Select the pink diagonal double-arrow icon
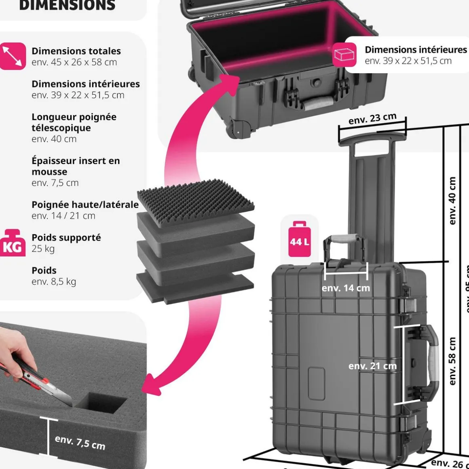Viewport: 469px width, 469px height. click(13, 56)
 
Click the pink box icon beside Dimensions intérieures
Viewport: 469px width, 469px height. click(344, 55)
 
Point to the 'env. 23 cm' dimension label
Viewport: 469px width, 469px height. click(372, 119)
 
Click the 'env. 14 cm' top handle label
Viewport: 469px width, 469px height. click(346, 288)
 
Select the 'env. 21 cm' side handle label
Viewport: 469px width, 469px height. click(372, 366)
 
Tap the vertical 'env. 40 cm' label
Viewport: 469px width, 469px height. click(452, 201)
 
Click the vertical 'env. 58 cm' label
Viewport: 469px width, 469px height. click(452, 361)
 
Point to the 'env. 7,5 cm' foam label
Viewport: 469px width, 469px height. click(80, 442)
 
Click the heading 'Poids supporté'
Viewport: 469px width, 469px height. click(66, 237)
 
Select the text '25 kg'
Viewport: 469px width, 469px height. click(43, 249)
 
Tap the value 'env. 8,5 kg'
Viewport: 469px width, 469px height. click(54, 281)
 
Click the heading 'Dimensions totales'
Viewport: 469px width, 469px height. click(76, 51)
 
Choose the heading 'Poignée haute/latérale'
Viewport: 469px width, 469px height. click(85, 205)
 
